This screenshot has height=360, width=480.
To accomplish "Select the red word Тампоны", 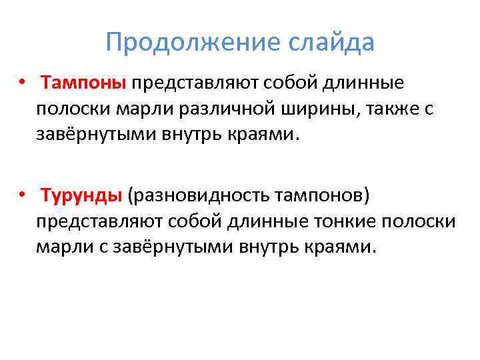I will [x=83, y=84].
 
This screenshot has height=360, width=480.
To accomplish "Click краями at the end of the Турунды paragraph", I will [x=344, y=247].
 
